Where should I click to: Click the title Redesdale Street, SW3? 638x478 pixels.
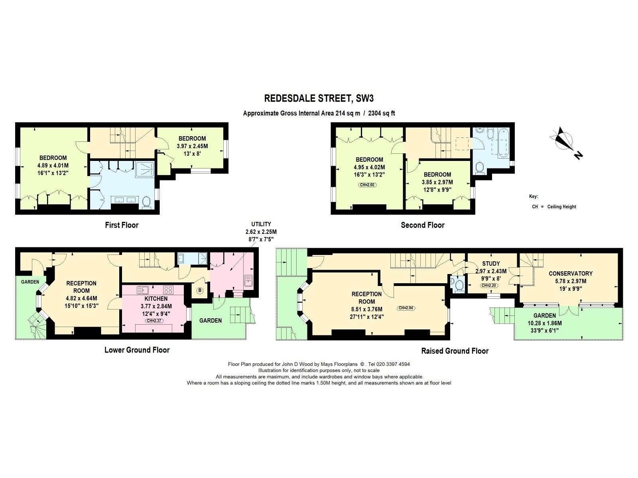click(x=319, y=98)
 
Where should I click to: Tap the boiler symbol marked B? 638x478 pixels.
click(x=199, y=290)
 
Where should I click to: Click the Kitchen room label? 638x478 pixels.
click(x=156, y=299)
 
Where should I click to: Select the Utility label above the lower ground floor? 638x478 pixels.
click(x=261, y=224)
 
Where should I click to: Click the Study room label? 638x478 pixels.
click(x=491, y=264)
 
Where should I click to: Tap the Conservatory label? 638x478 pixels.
click(x=571, y=273)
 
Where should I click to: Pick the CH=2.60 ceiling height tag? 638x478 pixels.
click(x=367, y=184)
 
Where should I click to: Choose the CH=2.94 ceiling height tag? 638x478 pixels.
click(x=406, y=308)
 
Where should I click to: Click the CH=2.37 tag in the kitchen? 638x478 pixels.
click(x=154, y=321)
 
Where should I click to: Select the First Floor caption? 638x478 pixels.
click(x=122, y=225)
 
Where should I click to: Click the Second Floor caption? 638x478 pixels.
click(x=423, y=225)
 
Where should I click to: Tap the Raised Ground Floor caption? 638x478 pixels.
click(x=455, y=351)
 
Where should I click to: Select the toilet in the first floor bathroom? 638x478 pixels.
click(x=146, y=202)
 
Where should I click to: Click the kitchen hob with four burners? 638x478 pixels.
click(x=168, y=290)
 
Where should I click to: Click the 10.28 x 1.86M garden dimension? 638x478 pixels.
click(x=544, y=323)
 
